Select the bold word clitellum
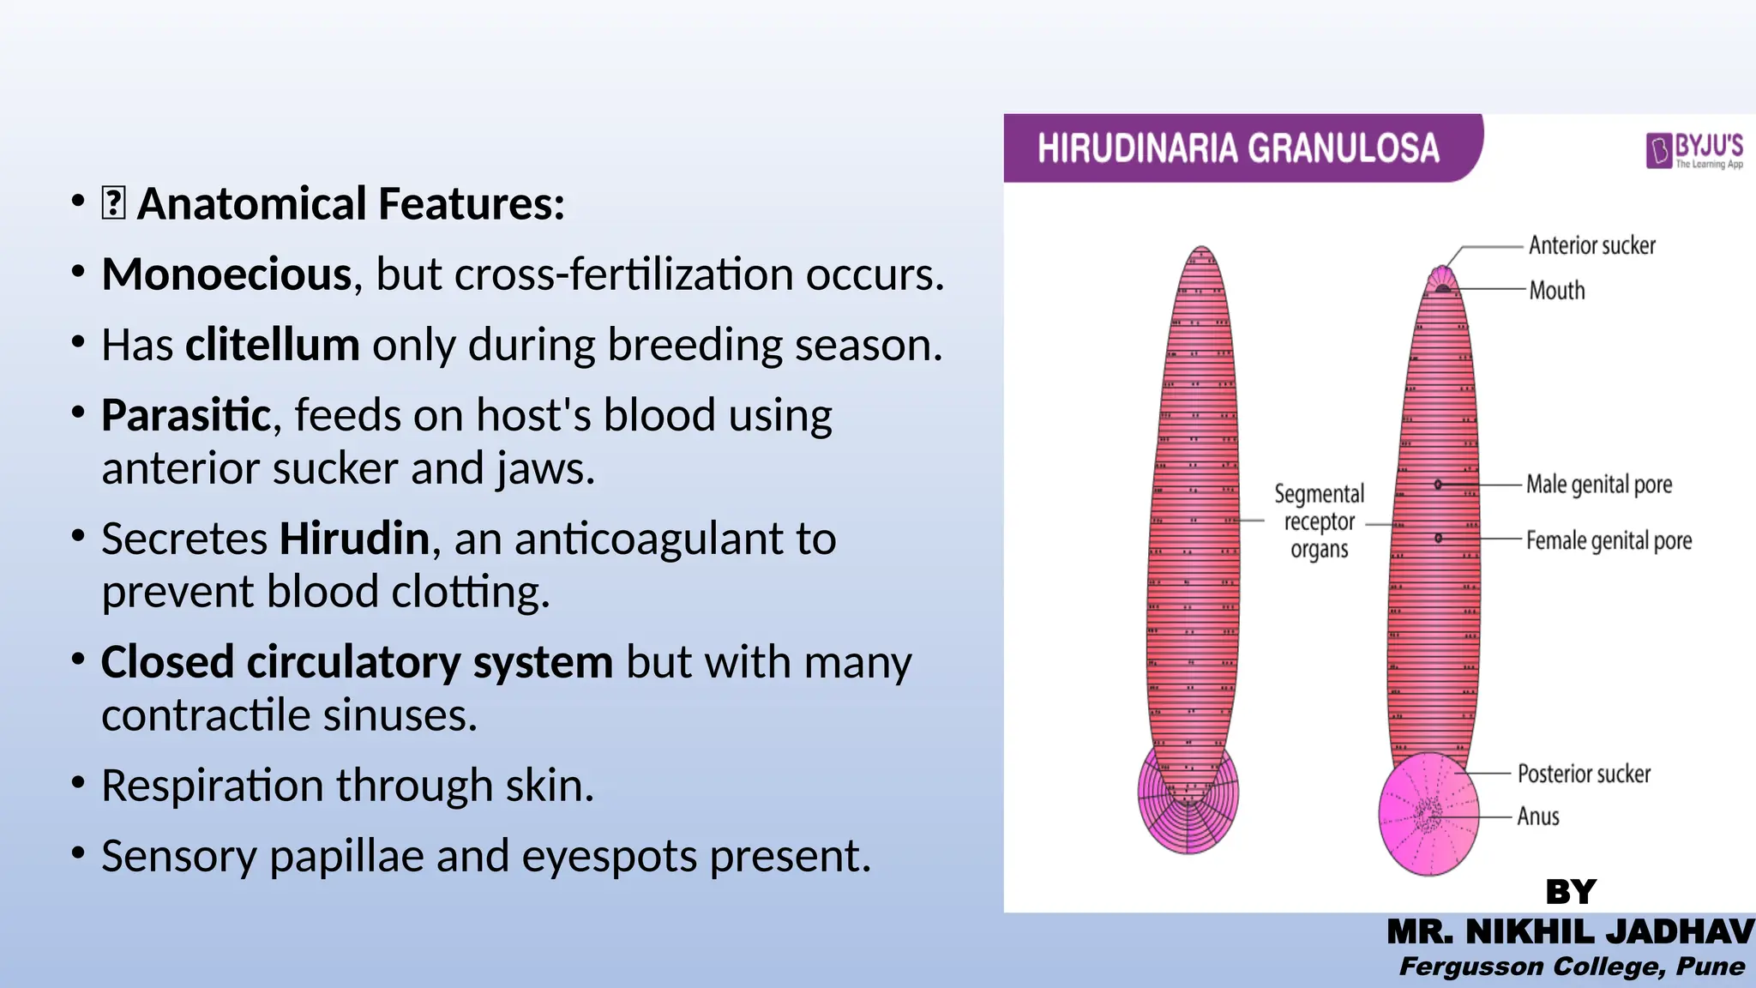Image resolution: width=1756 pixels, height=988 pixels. pos(273,345)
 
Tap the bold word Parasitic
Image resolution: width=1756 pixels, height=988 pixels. pos(186,415)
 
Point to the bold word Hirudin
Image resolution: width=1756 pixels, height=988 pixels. pos(354,539)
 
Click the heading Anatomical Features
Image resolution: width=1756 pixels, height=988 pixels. pos(351,204)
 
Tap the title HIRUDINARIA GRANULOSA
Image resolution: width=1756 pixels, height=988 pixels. pos(1238,148)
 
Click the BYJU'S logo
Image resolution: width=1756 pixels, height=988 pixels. pos(1694,151)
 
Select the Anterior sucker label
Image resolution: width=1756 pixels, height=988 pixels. pos(1592,245)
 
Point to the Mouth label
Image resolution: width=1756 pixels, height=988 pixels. pos(1557,291)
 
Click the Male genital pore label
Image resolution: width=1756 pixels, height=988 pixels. pos(1599,485)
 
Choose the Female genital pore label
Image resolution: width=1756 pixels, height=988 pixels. pos(1609,541)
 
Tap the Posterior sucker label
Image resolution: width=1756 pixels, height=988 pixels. pos(1584,774)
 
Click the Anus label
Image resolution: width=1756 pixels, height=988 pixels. pos(1538,816)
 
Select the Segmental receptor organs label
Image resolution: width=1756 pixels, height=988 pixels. pos(1319,521)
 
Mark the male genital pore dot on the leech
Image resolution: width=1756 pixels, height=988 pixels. pos(1438,485)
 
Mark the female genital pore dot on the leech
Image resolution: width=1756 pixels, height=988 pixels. pos(1438,539)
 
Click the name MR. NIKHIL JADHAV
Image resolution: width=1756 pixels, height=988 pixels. pos(1571,932)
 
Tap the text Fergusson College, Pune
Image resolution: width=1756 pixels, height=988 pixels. pos(1572,967)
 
